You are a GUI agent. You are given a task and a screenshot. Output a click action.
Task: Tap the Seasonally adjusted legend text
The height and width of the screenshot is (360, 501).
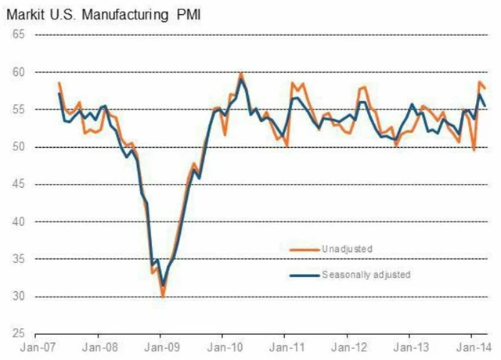coord(366,275)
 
